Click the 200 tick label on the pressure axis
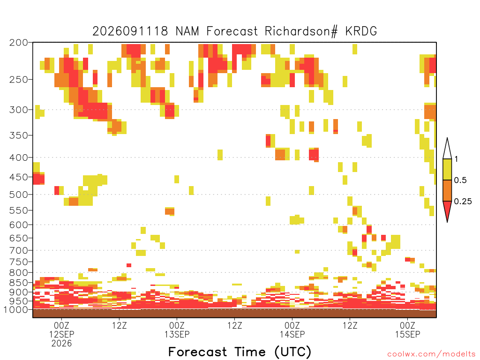click(18, 43)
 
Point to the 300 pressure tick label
click(18, 110)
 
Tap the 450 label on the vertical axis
click(18, 177)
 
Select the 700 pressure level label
click(18, 250)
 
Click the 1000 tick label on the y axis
click(15, 309)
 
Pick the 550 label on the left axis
click(18, 210)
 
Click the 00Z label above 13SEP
click(177, 325)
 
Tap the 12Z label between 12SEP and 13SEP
click(120, 325)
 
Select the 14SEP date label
click(292, 334)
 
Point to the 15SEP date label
click(407, 334)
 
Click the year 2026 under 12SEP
click(61, 344)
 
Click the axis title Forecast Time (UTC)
click(240, 352)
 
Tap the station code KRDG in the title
click(361, 31)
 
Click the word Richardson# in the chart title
click(301, 31)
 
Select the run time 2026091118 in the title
click(130, 31)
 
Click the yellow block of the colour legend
click(447, 169)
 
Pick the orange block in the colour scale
click(447, 190)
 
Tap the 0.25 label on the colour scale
click(463, 202)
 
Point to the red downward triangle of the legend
click(447, 210)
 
